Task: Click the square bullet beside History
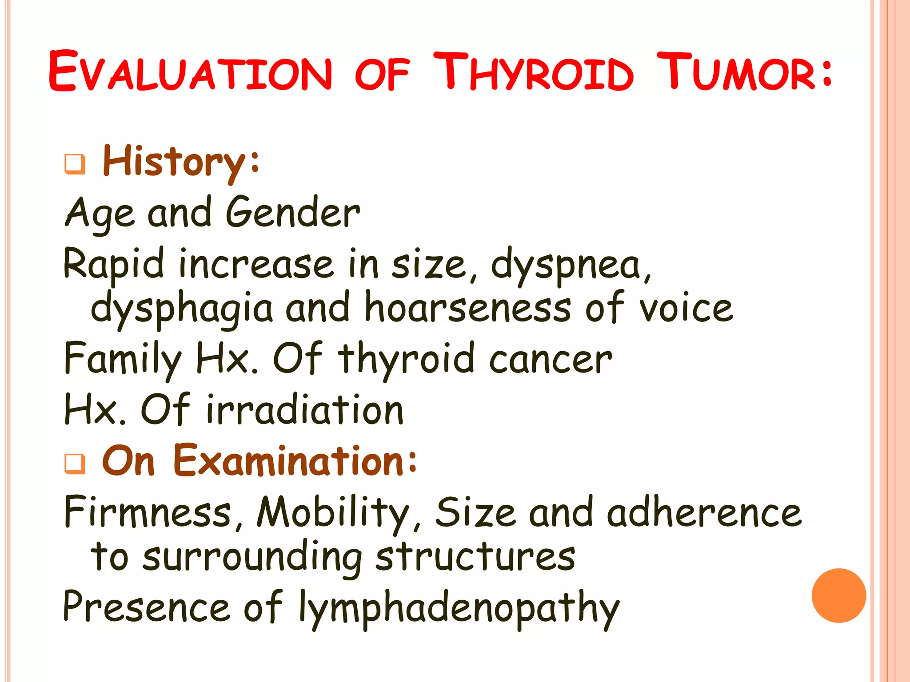75,164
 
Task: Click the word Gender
293,213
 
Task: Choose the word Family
123,359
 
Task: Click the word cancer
551,359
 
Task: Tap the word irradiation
305,409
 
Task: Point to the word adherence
704,512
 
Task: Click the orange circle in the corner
838,595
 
